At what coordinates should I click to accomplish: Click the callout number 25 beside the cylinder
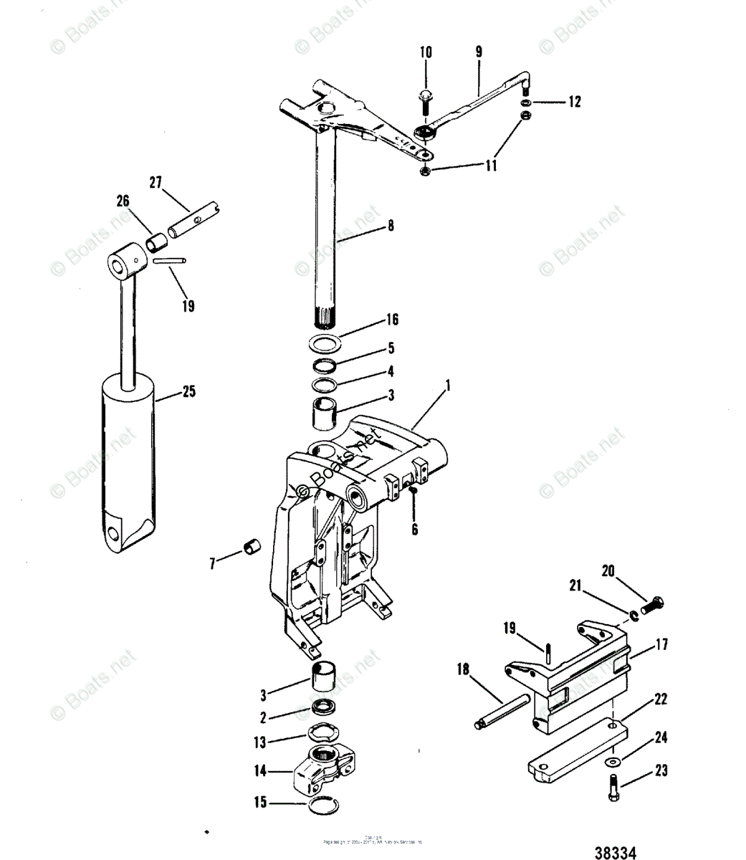tap(188, 392)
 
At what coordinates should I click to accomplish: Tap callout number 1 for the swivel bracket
tap(448, 386)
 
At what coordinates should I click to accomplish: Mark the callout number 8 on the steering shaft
tap(391, 226)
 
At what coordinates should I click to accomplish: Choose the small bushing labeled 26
tap(156, 242)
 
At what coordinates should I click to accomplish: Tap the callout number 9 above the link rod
tap(479, 52)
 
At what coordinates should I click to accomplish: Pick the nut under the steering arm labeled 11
tap(424, 171)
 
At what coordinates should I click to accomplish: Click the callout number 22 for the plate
tap(661, 698)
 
